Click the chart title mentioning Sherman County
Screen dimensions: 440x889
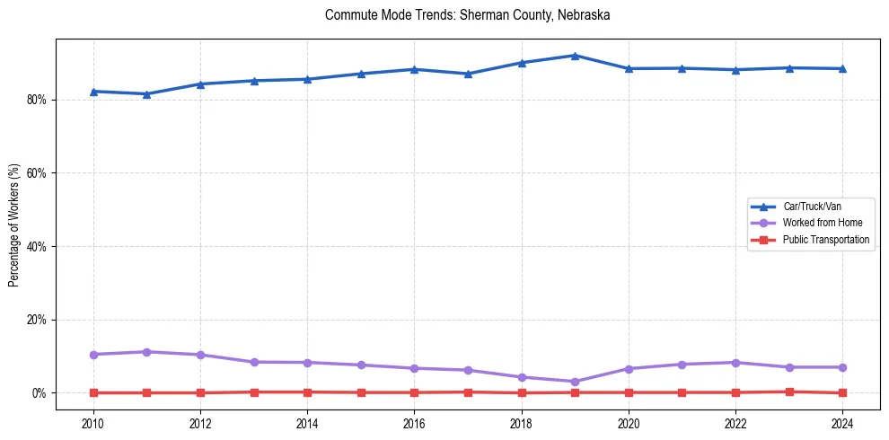point(467,15)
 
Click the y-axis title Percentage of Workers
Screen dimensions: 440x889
point(13,224)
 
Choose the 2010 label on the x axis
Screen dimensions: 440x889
point(93,424)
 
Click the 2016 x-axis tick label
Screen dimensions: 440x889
point(414,424)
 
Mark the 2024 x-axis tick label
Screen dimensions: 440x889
point(842,424)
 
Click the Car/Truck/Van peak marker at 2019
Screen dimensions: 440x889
point(575,56)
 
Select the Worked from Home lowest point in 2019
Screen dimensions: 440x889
point(575,382)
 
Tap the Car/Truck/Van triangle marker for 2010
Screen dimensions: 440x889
point(93,92)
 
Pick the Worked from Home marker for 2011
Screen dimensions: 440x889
point(146,352)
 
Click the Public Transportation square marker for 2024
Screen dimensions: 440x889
point(842,392)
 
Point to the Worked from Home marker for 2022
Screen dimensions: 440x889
point(735,363)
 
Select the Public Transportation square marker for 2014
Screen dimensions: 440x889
point(307,392)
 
